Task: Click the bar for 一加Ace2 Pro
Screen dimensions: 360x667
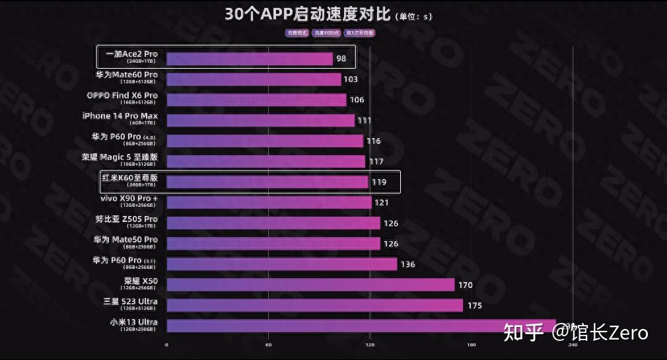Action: (x=249, y=59)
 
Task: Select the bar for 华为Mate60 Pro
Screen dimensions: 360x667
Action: (x=254, y=79)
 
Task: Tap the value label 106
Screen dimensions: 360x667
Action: (x=357, y=100)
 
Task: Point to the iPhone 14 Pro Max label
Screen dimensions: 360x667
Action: (x=120, y=117)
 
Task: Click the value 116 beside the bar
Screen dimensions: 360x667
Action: (x=374, y=141)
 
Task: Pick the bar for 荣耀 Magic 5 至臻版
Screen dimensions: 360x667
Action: (x=265, y=161)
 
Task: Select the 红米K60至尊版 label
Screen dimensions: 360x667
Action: (x=129, y=178)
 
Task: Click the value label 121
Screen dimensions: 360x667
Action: (x=382, y=203)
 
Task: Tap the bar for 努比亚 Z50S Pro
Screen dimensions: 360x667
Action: (x=273, y=223)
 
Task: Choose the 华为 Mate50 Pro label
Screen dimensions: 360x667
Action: (x=125, y=240)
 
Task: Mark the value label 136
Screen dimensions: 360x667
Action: (x=407, y=264)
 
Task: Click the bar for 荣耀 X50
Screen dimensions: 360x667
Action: (x=310, y=285)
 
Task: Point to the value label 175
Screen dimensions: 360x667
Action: (x=474, y=306)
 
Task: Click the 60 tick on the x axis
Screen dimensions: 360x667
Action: (x=268, y=345)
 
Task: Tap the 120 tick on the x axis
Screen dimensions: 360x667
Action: (x=370, y=345)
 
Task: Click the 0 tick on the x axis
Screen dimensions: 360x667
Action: (x=166, y=345)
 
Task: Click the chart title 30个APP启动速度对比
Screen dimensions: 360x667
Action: (x=308, y=15)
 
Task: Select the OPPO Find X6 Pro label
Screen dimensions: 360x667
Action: (x=122, y=96)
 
